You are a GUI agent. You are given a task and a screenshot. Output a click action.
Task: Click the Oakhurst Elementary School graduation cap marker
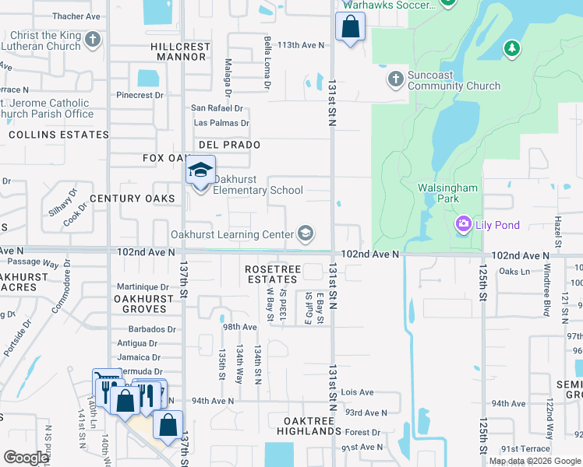(x=200, y=170)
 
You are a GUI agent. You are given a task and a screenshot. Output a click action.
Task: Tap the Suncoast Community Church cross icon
(x=395, y=79)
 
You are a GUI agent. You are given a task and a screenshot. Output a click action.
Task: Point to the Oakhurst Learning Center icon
(x=306, y=234)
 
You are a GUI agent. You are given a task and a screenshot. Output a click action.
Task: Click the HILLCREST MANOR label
(x=181, y=51)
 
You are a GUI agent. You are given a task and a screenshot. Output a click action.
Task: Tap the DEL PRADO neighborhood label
(x=229, y=146)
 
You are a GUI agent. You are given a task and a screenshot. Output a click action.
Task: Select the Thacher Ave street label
(x=76, y=16)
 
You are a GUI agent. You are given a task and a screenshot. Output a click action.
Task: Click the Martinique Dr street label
(x=143, y=287)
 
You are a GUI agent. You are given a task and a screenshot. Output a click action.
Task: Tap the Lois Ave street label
(x=357, y=393)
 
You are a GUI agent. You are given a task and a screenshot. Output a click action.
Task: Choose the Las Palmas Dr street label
(x=221, y=123)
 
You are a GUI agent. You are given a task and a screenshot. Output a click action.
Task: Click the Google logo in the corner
(x=26, y=458)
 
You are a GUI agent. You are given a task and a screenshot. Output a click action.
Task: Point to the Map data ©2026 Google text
(x=534, y=461)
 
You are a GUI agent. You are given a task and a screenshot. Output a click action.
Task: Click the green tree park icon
(x=511, y=49)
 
